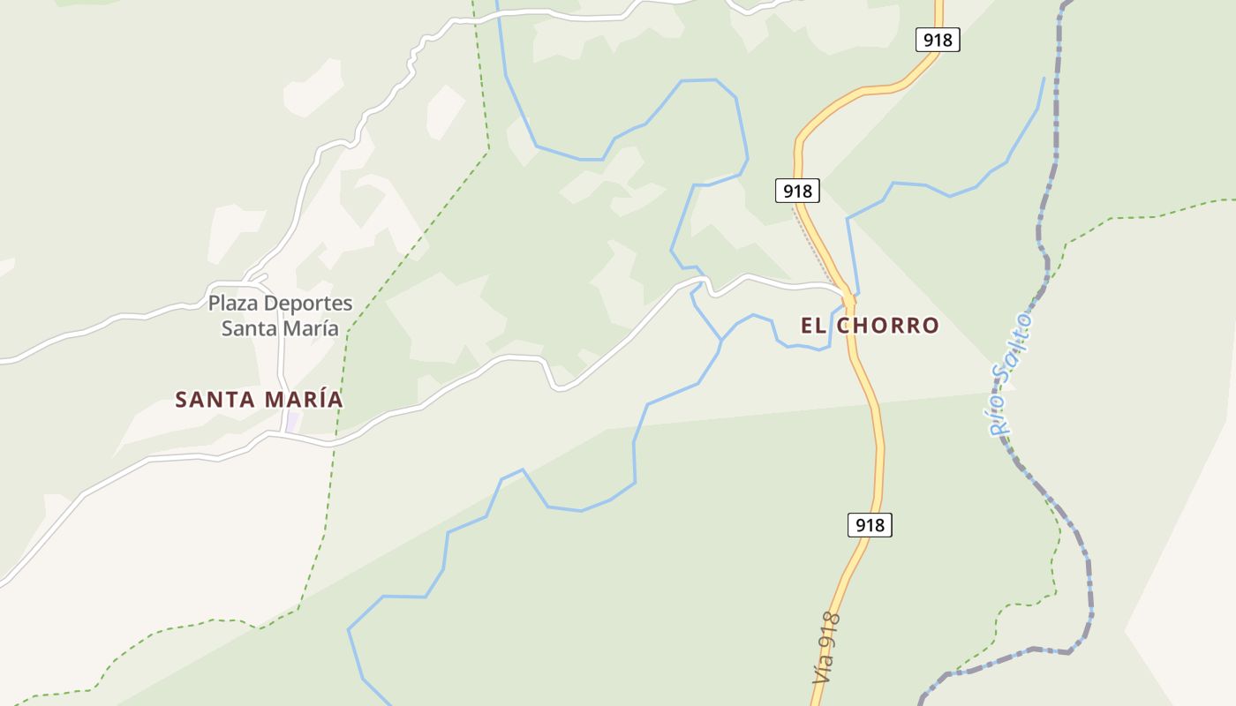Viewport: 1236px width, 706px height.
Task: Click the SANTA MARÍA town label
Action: pyautogui.click(x=259, y=400)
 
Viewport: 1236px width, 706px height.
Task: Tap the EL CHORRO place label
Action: pyautogui.click(x=870, y=326)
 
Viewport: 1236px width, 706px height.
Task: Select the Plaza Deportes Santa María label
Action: pyautogui.click(x=280, y=316)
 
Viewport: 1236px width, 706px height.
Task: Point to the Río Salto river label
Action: pyautogui.click(x=1011, y=373)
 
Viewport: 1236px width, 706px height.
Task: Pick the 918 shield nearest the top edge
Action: pyautogui.click(x=938, y=40)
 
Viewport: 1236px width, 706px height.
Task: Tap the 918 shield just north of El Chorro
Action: pyautogui.click(x=797, y=190)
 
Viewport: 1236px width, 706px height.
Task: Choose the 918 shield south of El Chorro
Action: pyautogui.click(x=870, y=525)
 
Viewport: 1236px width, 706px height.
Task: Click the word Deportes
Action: pyautogui.click(x=308, y=304)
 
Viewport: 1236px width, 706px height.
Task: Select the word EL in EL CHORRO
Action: pyautogui.click(x=813, y=326)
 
